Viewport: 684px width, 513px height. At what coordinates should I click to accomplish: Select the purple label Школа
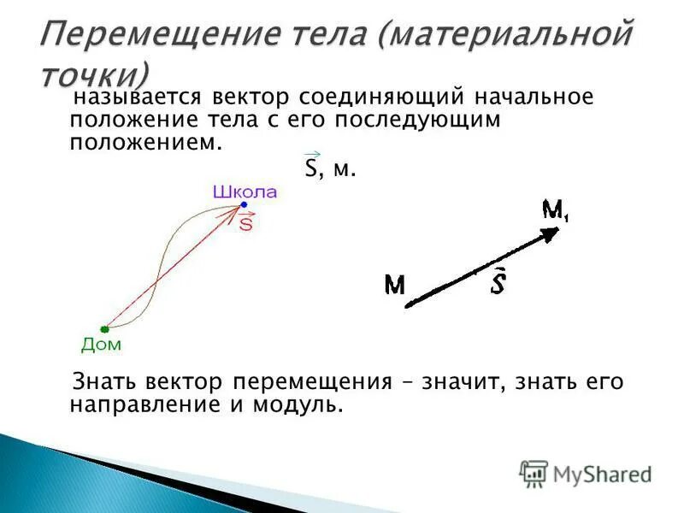point(245,192)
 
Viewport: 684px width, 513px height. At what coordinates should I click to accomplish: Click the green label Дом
point(101,345)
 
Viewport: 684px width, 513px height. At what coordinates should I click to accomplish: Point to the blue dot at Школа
point(244,205)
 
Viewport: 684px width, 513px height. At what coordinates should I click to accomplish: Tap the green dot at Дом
point(103,328)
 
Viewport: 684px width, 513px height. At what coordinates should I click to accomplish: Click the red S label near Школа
point(246,224)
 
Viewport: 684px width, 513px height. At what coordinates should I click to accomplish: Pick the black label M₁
point(556,209)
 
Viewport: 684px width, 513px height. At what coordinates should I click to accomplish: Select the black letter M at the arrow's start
point(394,285)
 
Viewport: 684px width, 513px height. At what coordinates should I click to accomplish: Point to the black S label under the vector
point(497,283)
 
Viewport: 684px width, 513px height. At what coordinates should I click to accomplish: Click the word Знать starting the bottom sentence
point(105,381)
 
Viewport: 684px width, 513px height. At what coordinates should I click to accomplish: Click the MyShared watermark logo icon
point(534,473)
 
